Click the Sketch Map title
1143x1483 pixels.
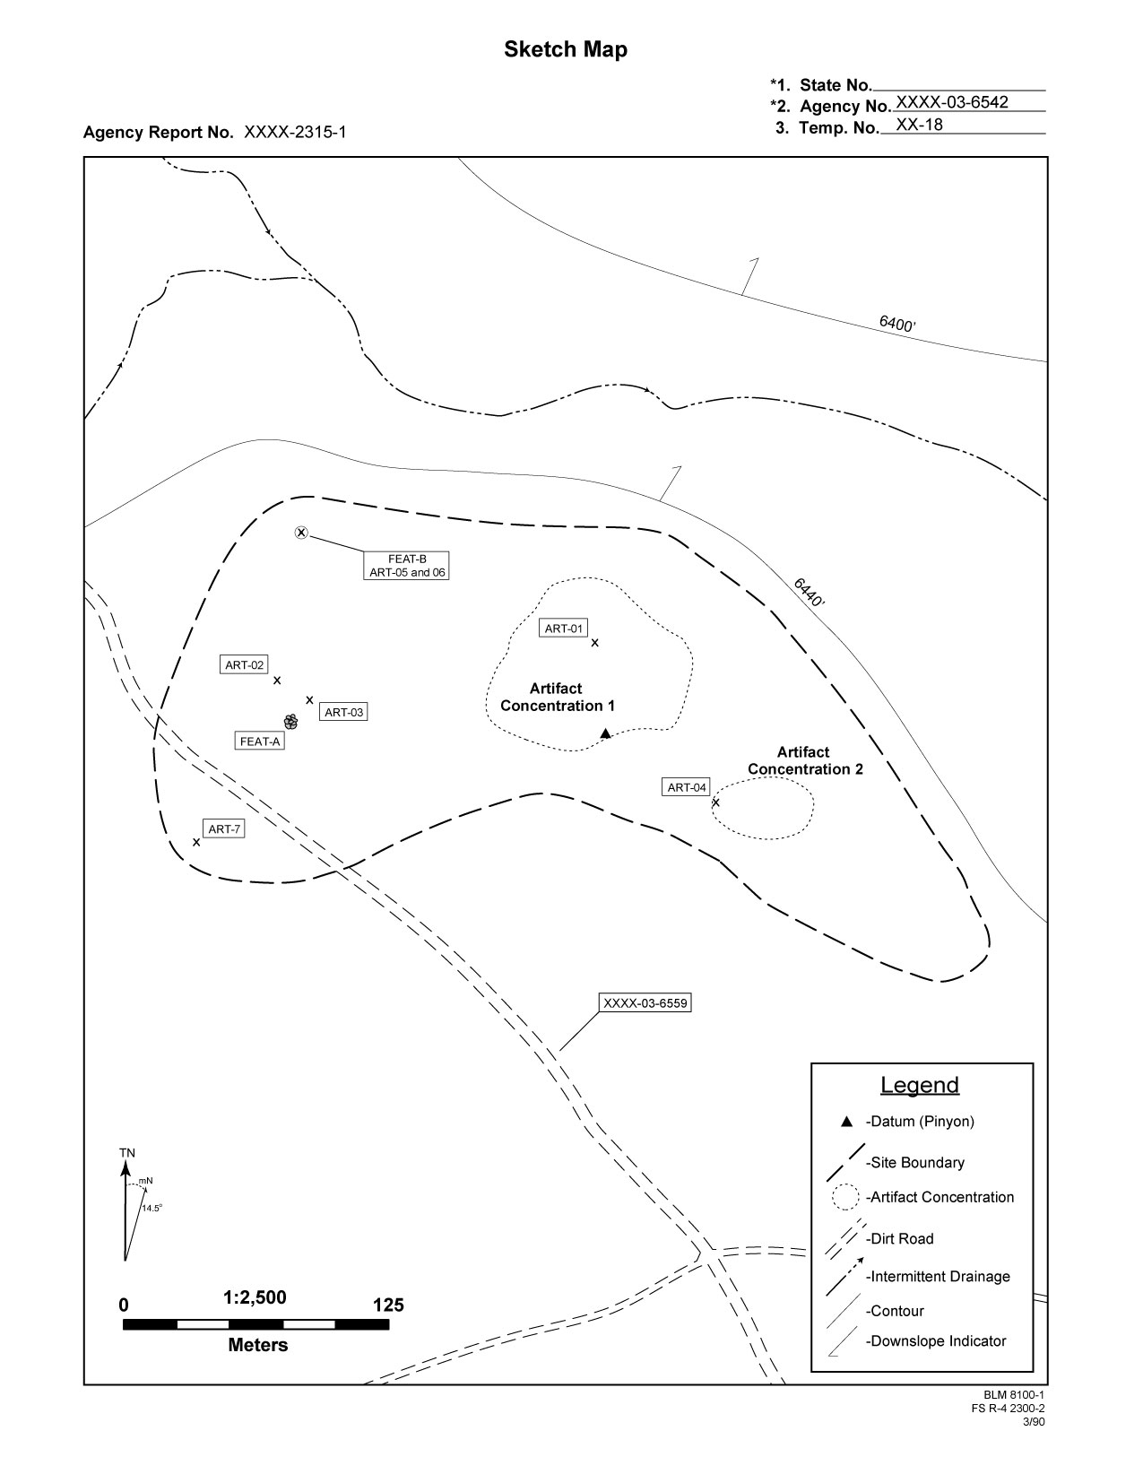pyautogui.click(x=566, y=50)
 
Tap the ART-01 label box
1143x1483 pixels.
pyautogui.click(x=564, y=629)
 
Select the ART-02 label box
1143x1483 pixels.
pyautogui.click(x=244, y=664)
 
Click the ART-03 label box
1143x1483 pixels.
pyautogui.click(x=343, y=713)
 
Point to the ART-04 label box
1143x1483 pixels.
pyautogui.click(x=687, y=787)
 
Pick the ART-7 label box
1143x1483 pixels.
pyautogui.click(x=224, y=829)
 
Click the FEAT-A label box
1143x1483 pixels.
pyautogui.click(x=259, y=741)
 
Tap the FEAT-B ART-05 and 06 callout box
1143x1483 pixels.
pyautogui.click(x=407, y=566)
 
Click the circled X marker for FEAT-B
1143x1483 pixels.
pyautogui.click(x=301, y=533)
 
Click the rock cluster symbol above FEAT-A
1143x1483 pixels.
pyautogui.click(x=291, y=721)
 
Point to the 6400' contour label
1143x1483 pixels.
pyautogui.click(x=896, y=325)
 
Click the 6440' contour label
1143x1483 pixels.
pyautogui.click(x=809, y=593)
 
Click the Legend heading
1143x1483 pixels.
pyautogui.click(x=919, y=1084)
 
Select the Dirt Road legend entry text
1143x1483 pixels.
pyautogui.click(x=900, y=1239)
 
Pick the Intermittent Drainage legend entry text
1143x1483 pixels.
pyautogui.click(x=939, y=1276)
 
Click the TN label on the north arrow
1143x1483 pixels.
pyautogui.click(x=127, y=1153)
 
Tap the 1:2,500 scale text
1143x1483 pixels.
pyautogui.click(x=255, y=1297)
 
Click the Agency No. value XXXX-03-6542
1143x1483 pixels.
pyautogui.click(x=952, y=102)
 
